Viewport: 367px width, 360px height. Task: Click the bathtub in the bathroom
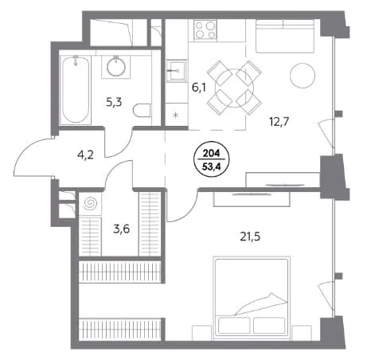(76, 90)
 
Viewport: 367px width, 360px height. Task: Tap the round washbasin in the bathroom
(116, 66)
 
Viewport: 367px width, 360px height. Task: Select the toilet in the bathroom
(142, 110)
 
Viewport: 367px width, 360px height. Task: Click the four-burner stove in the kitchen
(205, 29)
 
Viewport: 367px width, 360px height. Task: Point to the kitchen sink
(176, 71)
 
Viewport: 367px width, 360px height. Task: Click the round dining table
(234, 88)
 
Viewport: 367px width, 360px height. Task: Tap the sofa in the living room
(285, 36)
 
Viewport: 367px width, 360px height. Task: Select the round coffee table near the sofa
(303, 76)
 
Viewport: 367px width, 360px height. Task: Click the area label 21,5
(250, 237)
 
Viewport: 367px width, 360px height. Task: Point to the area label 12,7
(279, 122)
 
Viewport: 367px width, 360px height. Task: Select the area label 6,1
(199, 87)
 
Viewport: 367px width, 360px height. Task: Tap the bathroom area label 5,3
(114, 102)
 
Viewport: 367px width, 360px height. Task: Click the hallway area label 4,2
(85, 155)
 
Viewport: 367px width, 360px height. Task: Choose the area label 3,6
(122, 229)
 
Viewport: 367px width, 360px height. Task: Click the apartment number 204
(212, 153)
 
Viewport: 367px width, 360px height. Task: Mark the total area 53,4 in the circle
(212, 166)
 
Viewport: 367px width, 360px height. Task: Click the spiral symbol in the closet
(90, 203)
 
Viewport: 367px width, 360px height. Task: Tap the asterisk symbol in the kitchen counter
(175, 115)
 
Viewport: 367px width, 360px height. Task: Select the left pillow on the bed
(234, 325)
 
